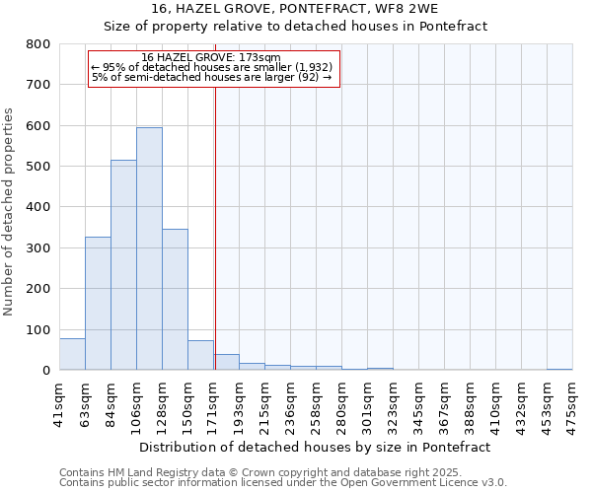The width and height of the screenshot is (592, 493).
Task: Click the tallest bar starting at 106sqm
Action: tap(149, 248)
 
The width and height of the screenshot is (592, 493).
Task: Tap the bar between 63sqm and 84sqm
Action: tap(98, 303)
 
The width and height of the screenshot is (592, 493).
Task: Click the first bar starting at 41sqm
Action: tap(72, 354)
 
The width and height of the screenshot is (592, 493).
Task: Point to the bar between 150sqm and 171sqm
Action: tap(200, 355)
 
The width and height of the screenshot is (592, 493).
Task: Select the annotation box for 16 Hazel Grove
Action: tap(213, 69)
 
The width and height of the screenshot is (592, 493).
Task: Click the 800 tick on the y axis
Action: tap(38, 44)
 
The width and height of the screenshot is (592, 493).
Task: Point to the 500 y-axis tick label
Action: tap(38, 167)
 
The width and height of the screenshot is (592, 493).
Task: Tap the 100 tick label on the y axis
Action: tap(38, 330)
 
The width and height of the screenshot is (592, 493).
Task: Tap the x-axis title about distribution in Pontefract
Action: tap(315, 447)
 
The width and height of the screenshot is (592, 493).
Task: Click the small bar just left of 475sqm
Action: tap(559, 369)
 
